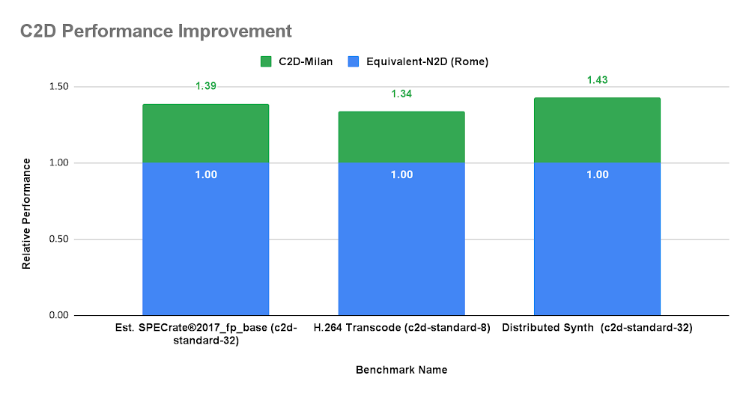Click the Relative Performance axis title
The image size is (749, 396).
[26, 214]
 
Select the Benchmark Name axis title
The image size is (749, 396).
[401, 370]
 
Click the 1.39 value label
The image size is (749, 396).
[205, 87]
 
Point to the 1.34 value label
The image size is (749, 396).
[401, 94]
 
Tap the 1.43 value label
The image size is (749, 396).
[597, 80]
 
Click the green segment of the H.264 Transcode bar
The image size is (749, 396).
[401, 137]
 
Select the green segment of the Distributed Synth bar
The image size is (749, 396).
[597, 130]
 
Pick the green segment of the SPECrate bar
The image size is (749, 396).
[205, 133]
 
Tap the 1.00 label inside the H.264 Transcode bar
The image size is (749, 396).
[401, 175]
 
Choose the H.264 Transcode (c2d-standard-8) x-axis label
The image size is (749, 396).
[401, 328]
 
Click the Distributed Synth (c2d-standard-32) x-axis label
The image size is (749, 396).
[597, 328]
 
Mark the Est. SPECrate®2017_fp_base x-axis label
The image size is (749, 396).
[205, 334]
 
